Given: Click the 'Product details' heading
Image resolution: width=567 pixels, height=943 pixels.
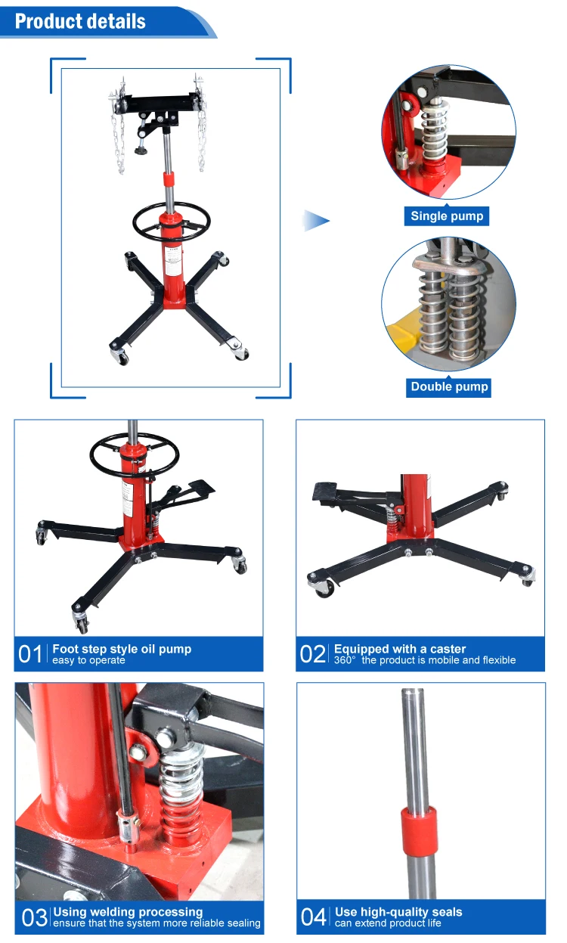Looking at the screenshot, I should (x=80, y=21).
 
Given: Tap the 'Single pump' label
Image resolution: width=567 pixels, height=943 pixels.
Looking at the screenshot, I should (x=447, y=216).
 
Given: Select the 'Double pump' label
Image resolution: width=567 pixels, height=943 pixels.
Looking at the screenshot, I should (x=450, y=386).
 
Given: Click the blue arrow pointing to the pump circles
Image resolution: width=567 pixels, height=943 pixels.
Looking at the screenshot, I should (x=316, y=221).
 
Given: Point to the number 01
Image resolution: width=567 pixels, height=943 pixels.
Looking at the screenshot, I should (x=31, y=654).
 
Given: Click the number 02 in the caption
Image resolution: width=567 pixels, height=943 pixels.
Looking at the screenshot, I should (x=313, y=654).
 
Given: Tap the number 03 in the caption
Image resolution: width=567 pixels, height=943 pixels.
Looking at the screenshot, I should (x=35, y=918).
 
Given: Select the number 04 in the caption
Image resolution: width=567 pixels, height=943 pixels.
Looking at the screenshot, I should (x=314, y=917).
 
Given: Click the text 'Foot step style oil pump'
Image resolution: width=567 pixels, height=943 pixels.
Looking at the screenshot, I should (x=122, y=649).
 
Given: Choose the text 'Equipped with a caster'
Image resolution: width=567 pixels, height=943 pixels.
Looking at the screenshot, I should (x=400, y=649).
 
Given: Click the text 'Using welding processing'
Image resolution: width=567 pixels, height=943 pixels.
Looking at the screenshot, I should (x=128, y=912).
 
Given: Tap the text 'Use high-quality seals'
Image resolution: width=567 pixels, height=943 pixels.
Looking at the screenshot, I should (x=398, y=912).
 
